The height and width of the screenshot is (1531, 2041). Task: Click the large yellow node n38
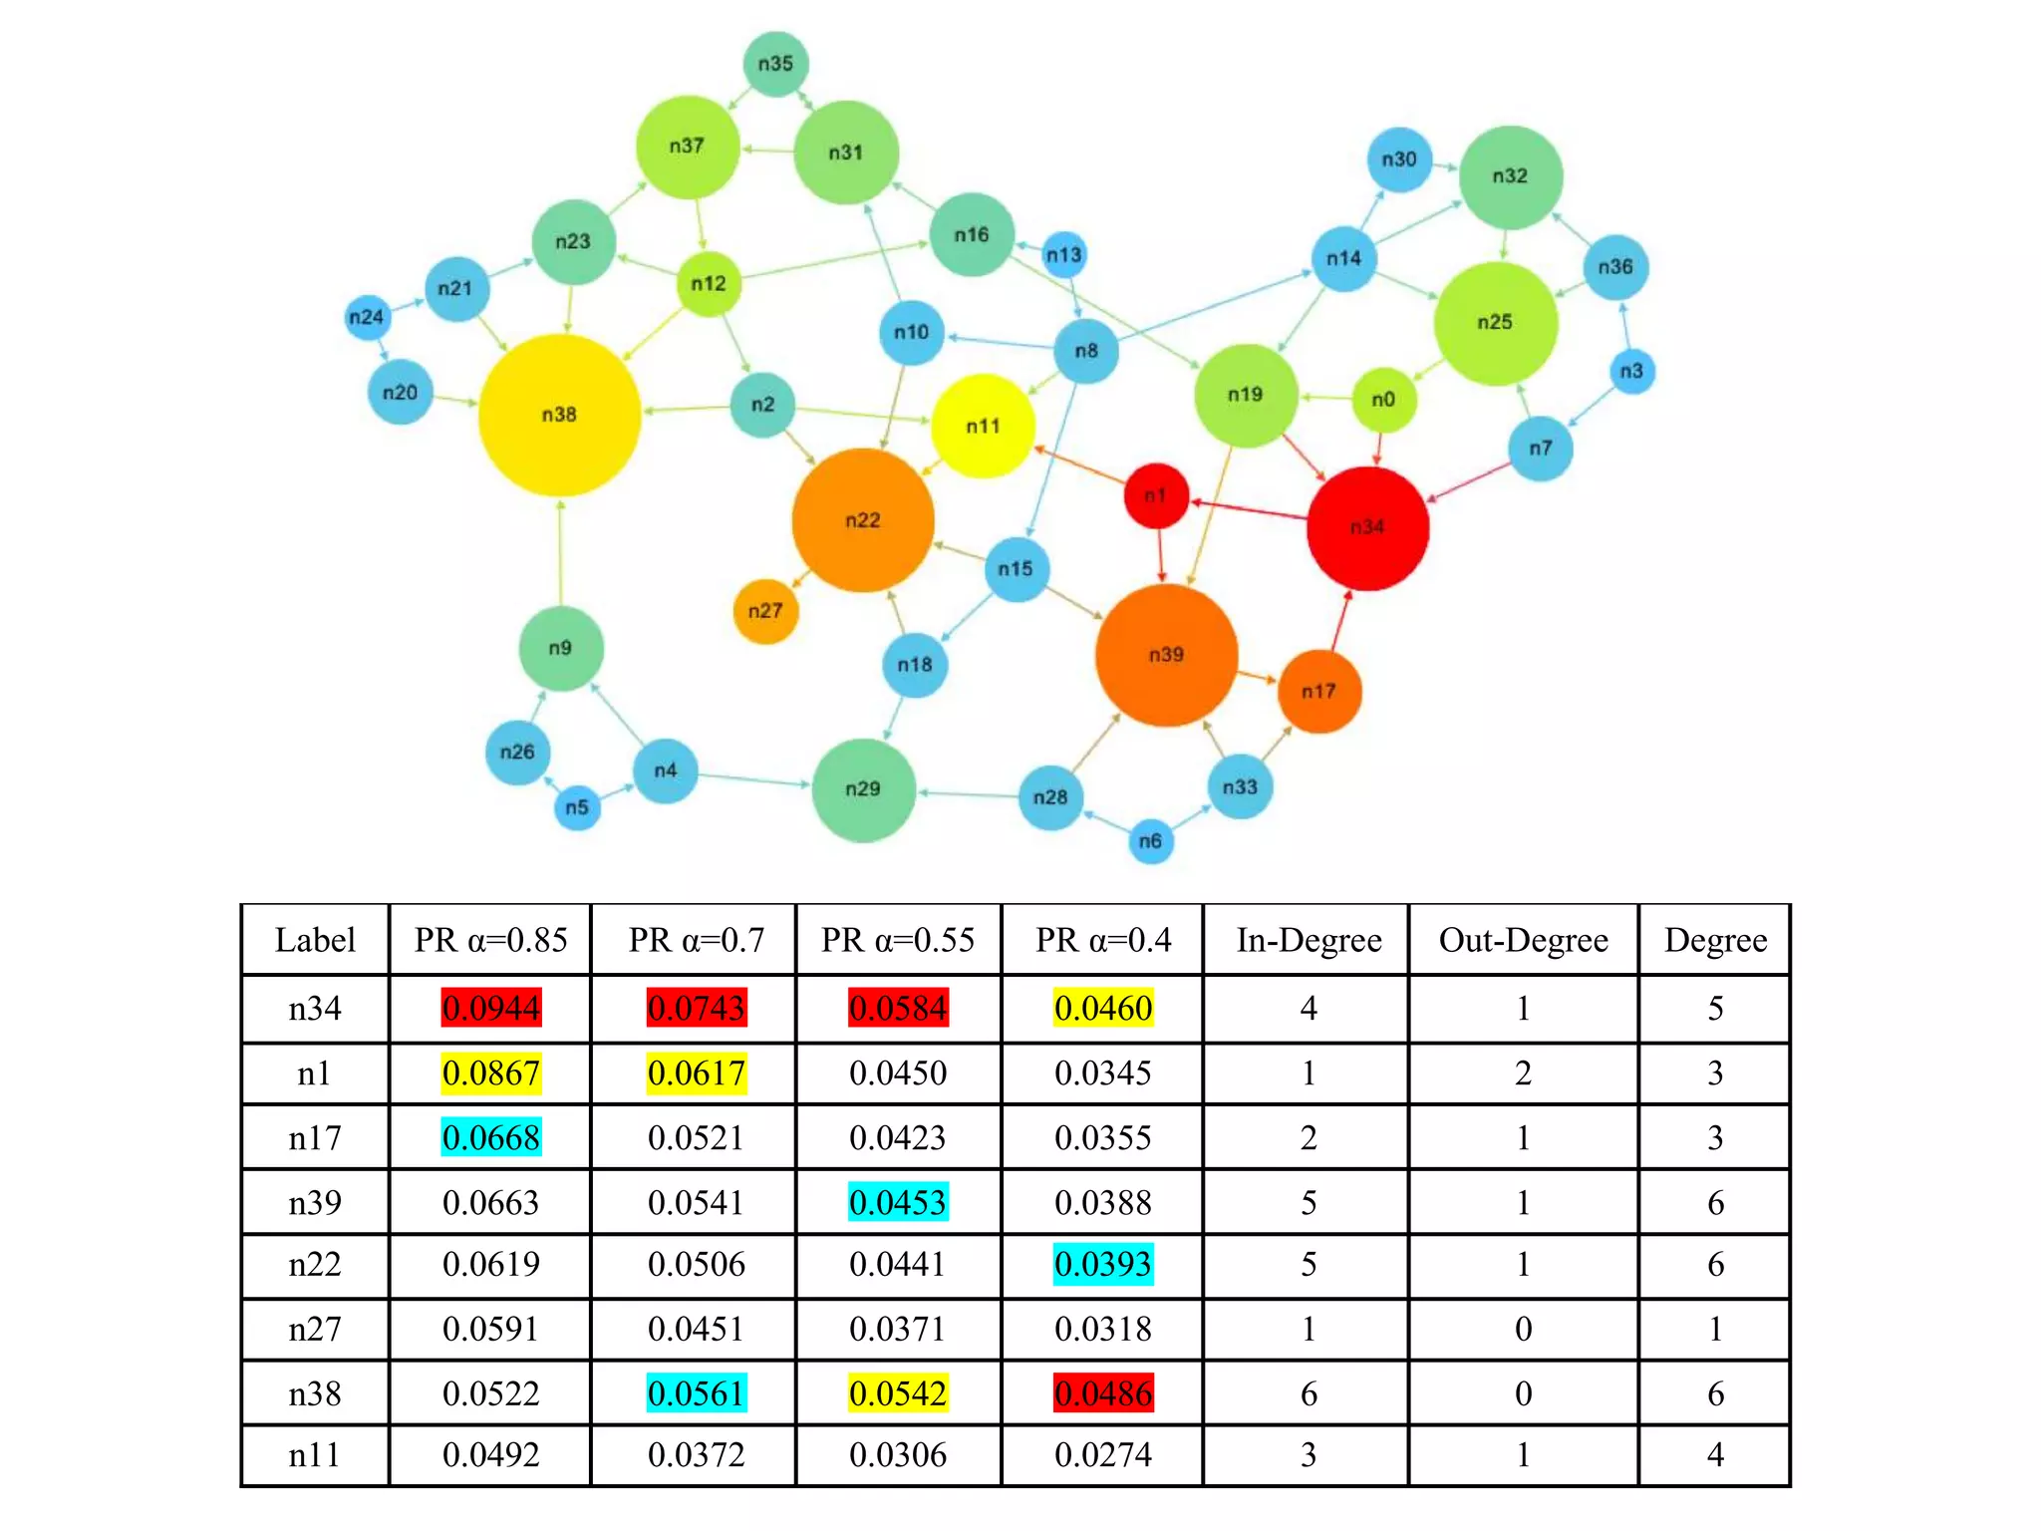tap(559, 415)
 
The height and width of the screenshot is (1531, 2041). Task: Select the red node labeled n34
tap(1367, 527)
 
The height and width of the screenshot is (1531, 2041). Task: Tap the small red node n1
tap(1156, 495)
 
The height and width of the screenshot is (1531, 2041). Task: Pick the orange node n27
tap(765, 611)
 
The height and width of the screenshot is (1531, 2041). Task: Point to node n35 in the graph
tap(775, 64)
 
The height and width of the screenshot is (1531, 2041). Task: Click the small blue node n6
tap(1150, 841)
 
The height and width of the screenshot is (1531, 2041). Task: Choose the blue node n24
tap(366, 317)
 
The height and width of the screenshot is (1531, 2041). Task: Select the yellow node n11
tap(983, 427)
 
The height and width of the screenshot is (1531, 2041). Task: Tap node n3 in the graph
tap(1631, 372)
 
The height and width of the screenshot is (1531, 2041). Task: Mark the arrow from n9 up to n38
tap(560, 553)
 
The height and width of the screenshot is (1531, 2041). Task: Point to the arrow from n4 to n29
tap(753, 779)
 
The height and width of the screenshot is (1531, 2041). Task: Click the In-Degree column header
tap(1309, 940)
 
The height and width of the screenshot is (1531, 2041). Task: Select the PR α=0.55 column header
tap(898, 940)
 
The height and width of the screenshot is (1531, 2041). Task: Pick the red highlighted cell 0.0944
tap(491, 1008)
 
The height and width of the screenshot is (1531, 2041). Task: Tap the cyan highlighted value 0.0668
tap(491, 1137)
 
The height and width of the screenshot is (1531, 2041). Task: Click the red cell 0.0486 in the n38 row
tap(1103, 1392)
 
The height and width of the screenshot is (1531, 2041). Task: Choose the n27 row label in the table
tap(315, 1329)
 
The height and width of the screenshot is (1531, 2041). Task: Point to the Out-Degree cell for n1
tap(1523, 1073)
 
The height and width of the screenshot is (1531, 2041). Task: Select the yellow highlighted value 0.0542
tap(898, 1392)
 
